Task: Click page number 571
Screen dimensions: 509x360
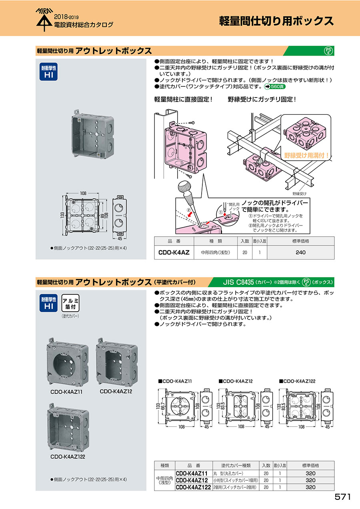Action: point(342,497)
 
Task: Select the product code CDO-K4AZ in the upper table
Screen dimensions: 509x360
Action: point(174,252)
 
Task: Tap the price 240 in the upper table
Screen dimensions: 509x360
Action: point(300,252)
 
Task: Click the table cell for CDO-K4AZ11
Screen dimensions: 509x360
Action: point(192,473)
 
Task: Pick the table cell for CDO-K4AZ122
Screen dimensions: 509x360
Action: point(193,487)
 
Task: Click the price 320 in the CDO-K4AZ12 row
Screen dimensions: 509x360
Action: point(310,480)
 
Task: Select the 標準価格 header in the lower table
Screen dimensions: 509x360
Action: point(310,465)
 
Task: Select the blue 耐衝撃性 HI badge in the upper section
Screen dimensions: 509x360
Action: point(48,72)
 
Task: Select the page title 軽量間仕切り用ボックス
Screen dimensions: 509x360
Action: point(276,21)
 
